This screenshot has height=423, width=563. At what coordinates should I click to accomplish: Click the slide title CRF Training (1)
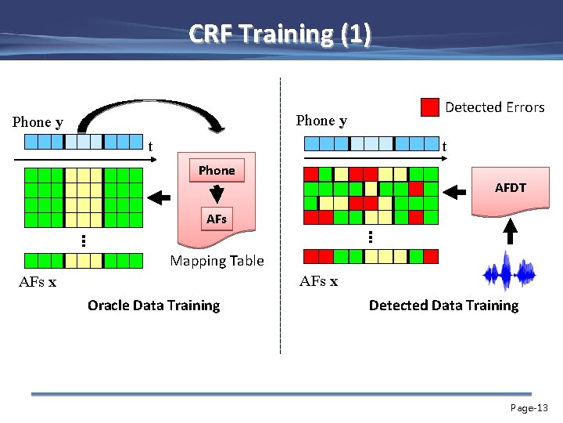[x=281, y=34]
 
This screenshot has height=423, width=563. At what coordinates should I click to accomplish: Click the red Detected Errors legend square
[x=429, y=107]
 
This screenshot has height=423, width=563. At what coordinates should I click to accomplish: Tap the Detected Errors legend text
[x=494, y=107]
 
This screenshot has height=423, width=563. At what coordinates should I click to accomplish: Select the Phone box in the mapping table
[x=217, y=171]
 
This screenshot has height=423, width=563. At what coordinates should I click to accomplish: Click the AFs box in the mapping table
[x=217, y=219]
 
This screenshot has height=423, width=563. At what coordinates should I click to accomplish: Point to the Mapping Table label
[x=217, y=261]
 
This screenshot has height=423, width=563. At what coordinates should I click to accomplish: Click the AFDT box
[x=510, y=188]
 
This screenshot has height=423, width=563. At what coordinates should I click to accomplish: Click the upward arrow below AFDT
[x=510, y=231]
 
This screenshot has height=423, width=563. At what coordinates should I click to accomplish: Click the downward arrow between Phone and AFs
[x=217, y=193]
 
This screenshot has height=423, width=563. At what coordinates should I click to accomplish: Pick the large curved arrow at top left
[x=149, y=117]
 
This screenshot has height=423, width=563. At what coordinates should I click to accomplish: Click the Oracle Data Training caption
[x=153, y=305]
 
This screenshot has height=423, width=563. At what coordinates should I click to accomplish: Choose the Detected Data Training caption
[x=443, y=305]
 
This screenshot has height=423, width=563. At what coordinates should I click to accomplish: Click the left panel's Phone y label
[x=38, y=122]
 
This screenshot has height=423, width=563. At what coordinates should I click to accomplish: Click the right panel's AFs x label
[x=319, y=281]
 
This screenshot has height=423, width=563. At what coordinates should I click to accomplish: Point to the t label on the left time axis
[x=150, y=146]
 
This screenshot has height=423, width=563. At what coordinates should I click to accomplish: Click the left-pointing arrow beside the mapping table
[x=160, y=196]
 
